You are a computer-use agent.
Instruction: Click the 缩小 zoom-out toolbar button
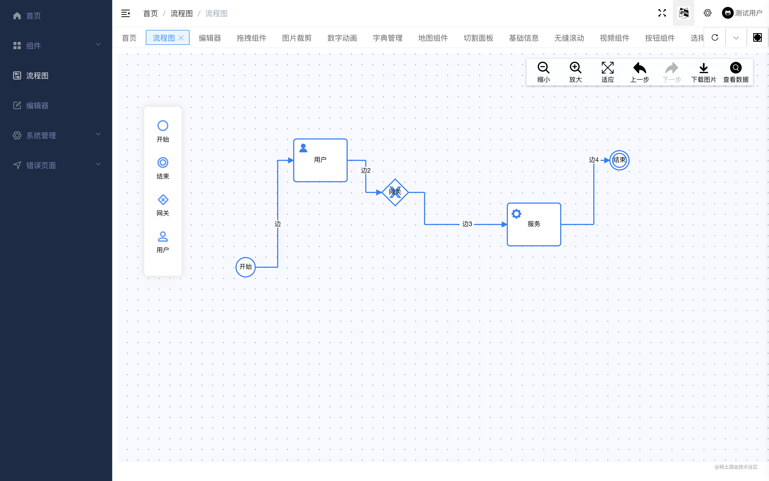click(543, 72)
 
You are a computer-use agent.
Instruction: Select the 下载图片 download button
click(704, 72)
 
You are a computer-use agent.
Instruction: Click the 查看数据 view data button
click(736, 72)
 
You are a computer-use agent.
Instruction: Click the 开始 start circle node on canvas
click(245, 267)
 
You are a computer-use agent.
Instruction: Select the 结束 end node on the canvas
click(619, 160)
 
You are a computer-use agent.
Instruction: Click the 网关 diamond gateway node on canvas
click(395, 192)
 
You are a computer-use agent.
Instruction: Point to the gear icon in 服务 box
click(516, 214)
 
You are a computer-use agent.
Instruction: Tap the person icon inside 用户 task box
click(303, 148)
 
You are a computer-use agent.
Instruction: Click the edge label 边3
click(467, 224)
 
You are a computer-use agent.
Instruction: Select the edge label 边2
click(366, 170)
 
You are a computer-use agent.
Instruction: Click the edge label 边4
click(593, 160)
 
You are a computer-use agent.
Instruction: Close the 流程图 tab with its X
click(181, 38)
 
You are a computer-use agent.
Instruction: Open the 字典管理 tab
click(387, 38)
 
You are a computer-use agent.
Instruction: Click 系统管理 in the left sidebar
click(41, 135)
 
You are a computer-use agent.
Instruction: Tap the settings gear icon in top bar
click(707, 13)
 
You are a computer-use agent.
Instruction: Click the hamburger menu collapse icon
click(125, 13)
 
